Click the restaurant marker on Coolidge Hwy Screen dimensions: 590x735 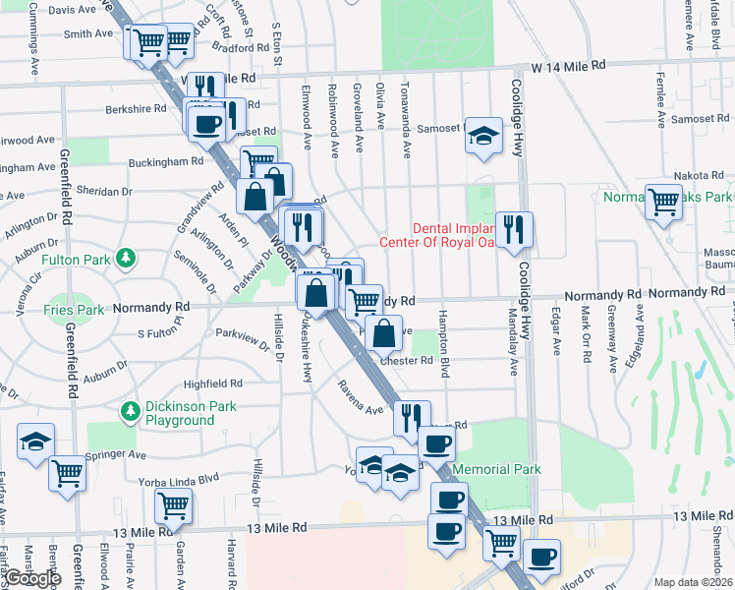tap(514, 230)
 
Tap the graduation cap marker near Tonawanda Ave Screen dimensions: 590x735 tap(483, 137)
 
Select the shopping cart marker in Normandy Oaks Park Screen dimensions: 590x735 tap(664, 202)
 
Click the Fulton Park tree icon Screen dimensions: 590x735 tap(125, 259)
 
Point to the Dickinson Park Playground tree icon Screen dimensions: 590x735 tap(129, 409)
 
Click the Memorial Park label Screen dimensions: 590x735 tap(497, 470)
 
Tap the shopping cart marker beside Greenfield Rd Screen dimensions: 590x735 tap(68, 473)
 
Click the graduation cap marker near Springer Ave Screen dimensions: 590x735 tap(36, 442)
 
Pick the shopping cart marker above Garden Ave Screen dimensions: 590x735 tap(174, 505)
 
